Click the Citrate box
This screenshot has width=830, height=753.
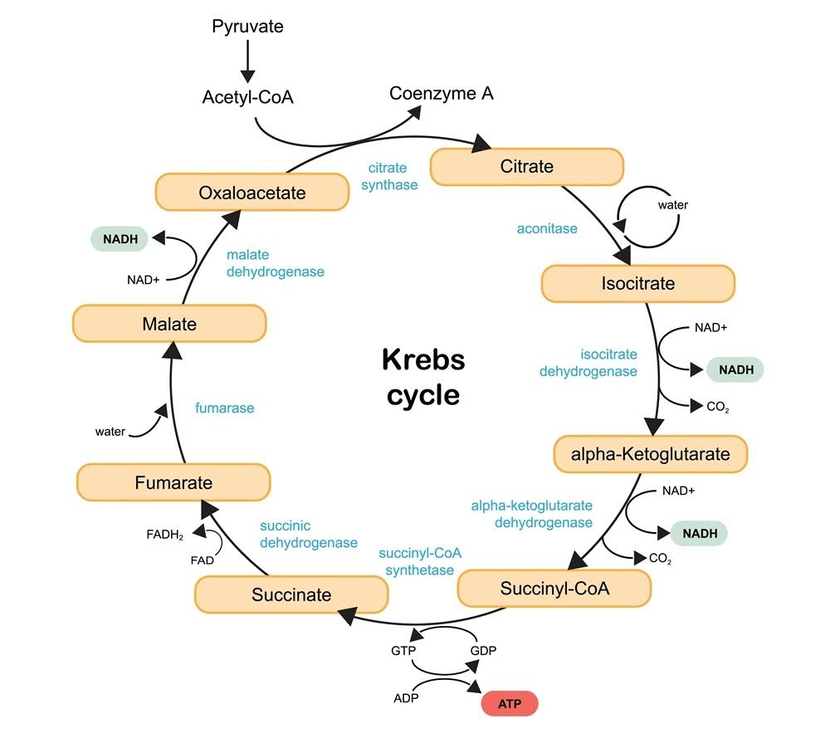click(x=526, y=167)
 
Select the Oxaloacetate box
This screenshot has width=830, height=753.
click(x=252, y=193)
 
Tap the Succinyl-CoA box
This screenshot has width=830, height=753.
click(x=554, y=589)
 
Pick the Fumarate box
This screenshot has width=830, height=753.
click(x=173, y=482)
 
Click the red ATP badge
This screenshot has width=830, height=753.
click(x=510, y=704)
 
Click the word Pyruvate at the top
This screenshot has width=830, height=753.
click(x=247, y=27)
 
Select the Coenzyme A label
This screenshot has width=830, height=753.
click(x=442, y=93)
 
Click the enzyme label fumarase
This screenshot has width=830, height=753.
click(x=224, y=408)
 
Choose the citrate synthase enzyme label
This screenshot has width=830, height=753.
click(x=389, y=176)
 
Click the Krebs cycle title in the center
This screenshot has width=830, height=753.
click(x=423, y=376)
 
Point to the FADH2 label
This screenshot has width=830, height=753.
click(x=165, y=534)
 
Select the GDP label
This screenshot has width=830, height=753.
click(x=483, y=650)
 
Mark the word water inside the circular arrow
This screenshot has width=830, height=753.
click(x=672, y=205)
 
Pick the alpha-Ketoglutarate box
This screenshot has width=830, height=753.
click(x=650, y=454)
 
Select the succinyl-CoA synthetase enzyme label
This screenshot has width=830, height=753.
click(x=420, y=561)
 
